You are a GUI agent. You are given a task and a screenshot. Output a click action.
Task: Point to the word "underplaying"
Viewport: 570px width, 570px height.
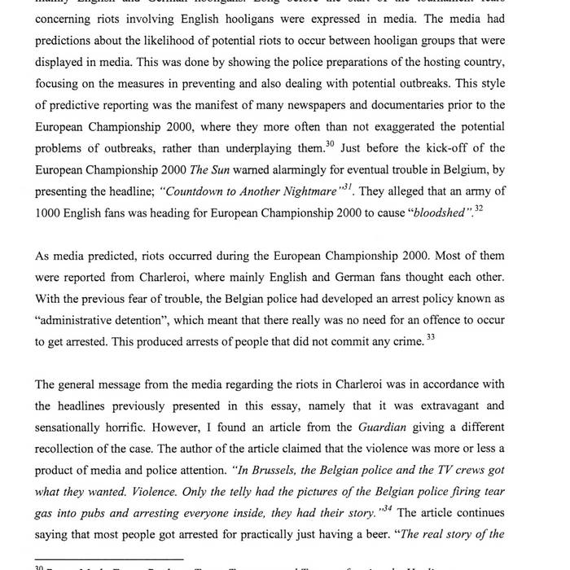tap(266, 148)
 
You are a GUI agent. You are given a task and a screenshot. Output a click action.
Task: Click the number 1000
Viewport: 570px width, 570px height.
tap(48, 213)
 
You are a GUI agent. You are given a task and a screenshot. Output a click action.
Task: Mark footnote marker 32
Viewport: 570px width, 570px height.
tap(479, 208)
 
